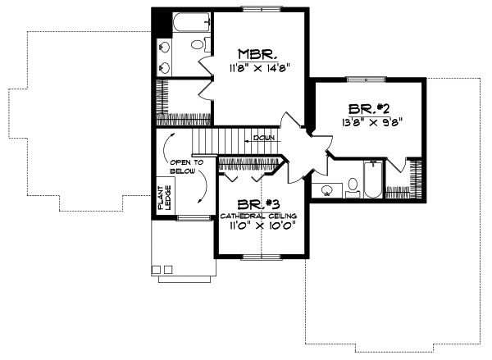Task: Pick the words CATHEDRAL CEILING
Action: click(258, 216)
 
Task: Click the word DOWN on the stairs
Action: click(263, 138)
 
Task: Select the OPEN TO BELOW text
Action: click(182, 167)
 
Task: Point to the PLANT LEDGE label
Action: click(163, 199)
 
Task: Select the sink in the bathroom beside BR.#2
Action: click(326, 191)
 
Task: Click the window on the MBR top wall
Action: click(258, 8)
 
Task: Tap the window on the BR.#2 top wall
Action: click(367, 79)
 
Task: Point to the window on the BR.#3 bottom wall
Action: click(258, 256)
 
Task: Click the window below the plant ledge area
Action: click(194, 217)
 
